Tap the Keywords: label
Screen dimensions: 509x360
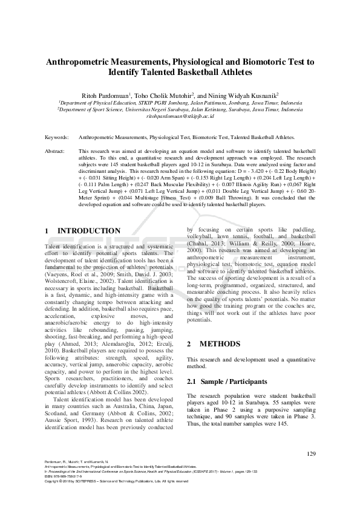pyautogui.click(x=57, y=137)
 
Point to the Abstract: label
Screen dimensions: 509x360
pyautogui.click(x=55, y=151)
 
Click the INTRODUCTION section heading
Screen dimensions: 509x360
pyautogui.click(x=88, y=231)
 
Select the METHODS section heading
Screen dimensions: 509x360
pyautogui.click(x=215, y=344)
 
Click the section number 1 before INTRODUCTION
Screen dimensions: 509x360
pyautogui.click(x=48, y=231)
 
